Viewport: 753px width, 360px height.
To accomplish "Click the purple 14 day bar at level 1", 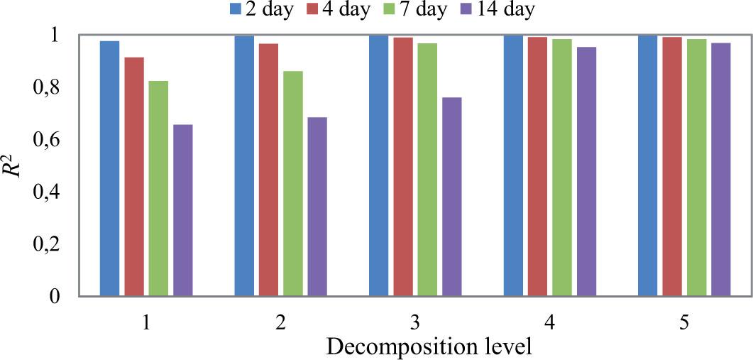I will click(182, 210).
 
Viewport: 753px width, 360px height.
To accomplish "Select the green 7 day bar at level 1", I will click(158, 188).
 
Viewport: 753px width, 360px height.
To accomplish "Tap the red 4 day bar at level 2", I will click(268, 170).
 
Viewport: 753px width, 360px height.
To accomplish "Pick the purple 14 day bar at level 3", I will click(451, 197).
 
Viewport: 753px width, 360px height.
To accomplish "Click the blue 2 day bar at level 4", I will click(513, 165).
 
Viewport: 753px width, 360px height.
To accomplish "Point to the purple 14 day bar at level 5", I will click(720, 170).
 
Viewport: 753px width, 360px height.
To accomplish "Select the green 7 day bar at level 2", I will click(292, 183).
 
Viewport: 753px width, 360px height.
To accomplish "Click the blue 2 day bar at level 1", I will click(109, 168).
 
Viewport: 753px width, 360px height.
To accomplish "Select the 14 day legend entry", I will click(501, 10).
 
